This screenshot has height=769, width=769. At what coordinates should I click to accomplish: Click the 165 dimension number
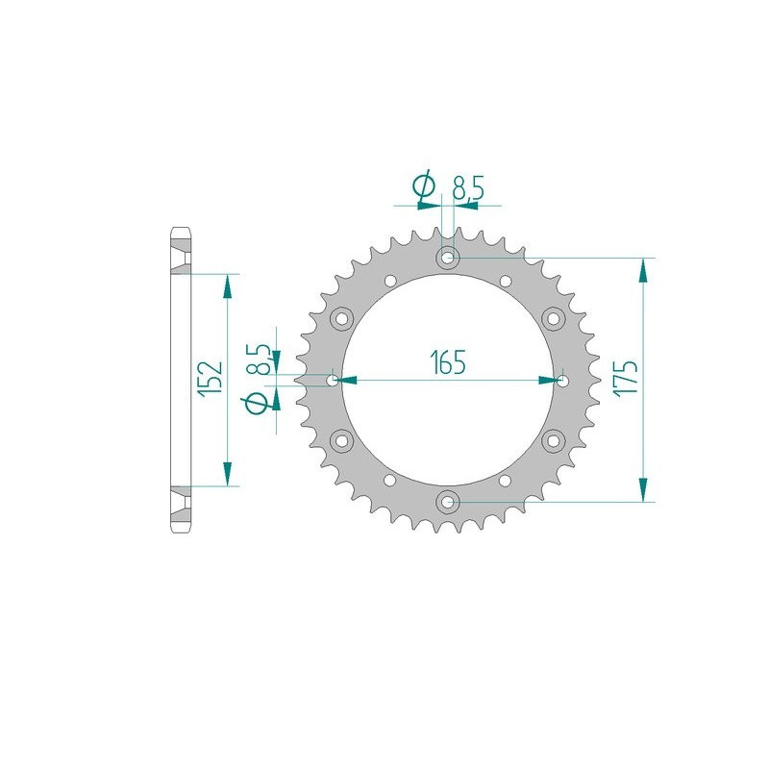click(x=448, y=362)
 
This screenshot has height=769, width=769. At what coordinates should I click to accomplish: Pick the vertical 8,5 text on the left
click(x=257, y=356)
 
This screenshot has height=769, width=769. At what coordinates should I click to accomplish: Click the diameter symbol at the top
click(x=424, y=188)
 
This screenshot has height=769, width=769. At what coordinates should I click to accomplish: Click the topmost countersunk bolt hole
click(x=448, y=258)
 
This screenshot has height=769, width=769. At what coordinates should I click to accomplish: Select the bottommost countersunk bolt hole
click(x=448, y=501)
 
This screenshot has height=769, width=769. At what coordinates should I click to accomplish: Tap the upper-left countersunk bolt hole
click(x=341, y=318)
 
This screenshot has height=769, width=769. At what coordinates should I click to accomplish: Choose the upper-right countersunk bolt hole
click(x=554, y=318)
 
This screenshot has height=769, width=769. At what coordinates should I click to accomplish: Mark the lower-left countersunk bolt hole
click(x=341, y=440)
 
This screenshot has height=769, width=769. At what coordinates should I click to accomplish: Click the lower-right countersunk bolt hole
click(x=554, y=440)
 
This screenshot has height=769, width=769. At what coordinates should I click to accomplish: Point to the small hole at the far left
click(x=334, y=380)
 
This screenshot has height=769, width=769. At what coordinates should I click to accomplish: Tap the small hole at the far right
click(x=562, y=380)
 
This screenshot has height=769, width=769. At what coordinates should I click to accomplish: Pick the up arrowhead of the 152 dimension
click(x=228, y=285)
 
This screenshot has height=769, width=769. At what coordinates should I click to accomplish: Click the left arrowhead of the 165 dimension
click(x=350, y=380)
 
